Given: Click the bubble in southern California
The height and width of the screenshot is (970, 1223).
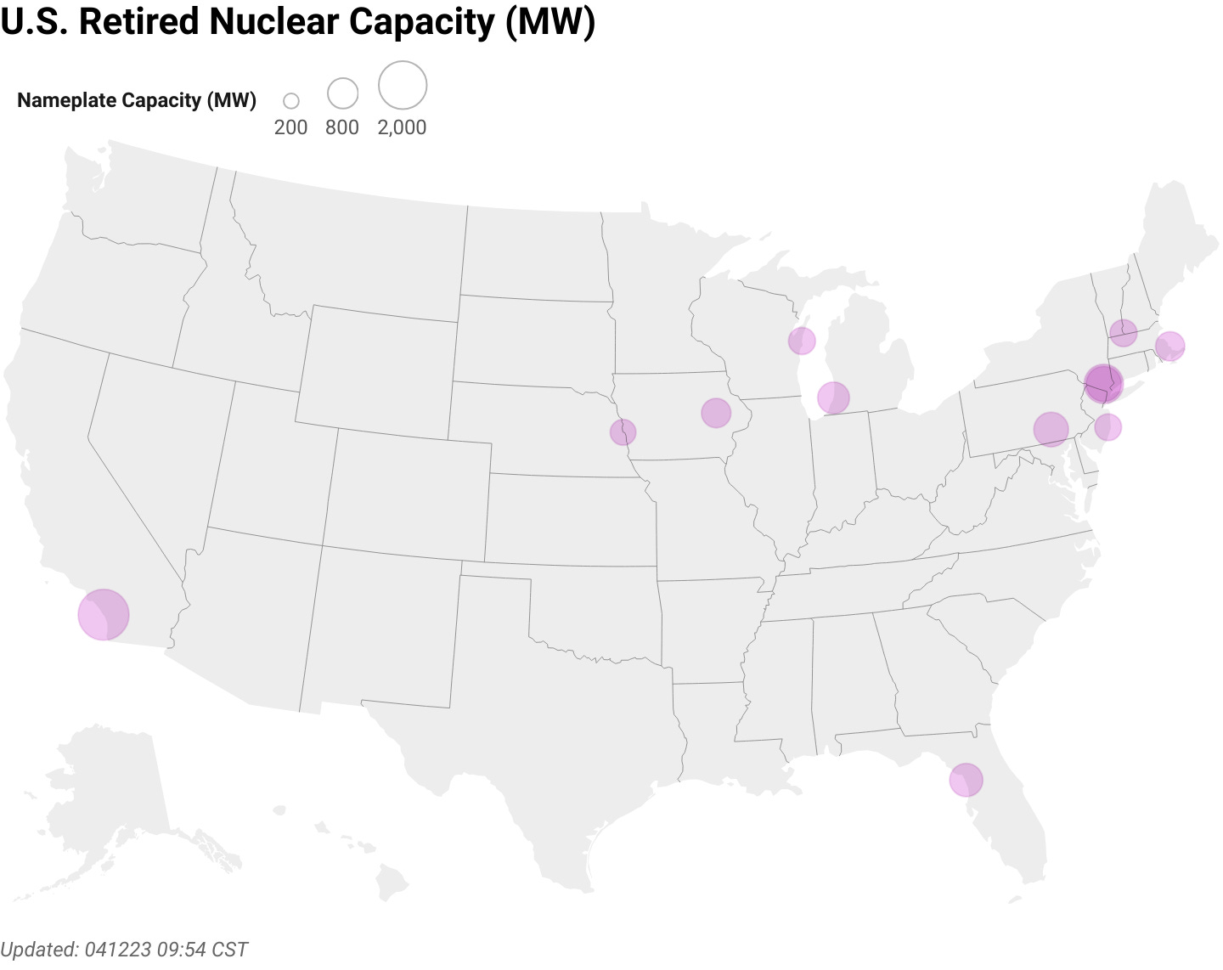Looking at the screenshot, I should [103, 614].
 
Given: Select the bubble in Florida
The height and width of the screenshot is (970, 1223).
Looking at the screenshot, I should [966, 779].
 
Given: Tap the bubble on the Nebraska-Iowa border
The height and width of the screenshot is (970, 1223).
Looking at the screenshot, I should [623, 431].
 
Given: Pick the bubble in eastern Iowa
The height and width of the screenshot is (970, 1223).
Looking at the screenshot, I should [716, 413].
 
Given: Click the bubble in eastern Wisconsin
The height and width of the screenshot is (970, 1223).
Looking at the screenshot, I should [802, 341].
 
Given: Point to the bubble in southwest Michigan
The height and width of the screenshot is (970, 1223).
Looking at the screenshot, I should [833, 397].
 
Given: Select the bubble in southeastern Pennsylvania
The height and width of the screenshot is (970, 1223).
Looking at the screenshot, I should [1051, 429].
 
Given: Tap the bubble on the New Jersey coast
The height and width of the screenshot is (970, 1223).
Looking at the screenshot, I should [1107, 426].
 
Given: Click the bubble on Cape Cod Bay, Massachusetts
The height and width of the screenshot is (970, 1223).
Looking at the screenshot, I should [1169, 346].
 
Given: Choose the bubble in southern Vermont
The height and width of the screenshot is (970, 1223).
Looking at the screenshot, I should [1123, 332].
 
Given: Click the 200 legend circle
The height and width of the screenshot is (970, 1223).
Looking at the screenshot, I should [291, 101].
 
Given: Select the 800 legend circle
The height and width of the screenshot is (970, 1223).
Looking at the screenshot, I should [342, 93].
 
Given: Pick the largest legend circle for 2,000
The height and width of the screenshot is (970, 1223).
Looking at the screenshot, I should [402, 86].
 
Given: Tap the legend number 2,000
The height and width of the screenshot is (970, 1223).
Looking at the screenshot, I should [402, 127].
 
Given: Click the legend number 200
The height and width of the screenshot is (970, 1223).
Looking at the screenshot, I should [290, 127].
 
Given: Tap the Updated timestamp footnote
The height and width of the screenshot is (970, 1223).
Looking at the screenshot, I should [124, 949].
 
